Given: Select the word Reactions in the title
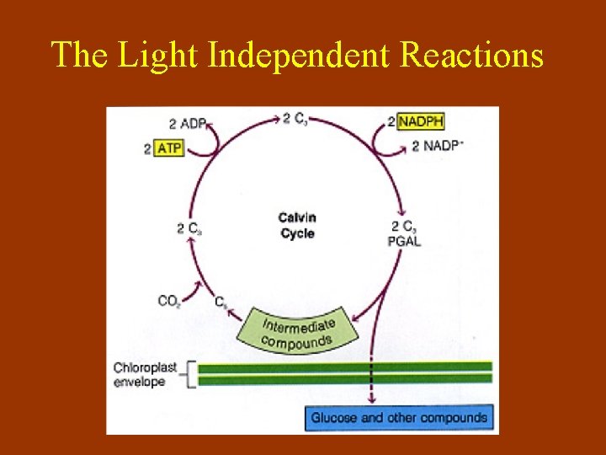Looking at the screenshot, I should point(471,56).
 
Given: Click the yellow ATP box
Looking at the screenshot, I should point(168,148).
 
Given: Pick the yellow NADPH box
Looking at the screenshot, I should point(420,121).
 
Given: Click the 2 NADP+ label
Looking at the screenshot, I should point(437,146).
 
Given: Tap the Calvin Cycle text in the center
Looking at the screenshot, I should point(297,225).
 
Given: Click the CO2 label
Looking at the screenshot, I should point(169,300).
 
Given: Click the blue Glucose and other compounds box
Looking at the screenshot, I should point(399,417).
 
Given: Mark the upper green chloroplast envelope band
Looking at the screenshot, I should point(345,367).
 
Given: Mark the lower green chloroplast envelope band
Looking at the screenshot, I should point(345,379).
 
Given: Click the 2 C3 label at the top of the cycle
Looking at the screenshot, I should point(295,119).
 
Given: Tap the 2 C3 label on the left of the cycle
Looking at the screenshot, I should point(189,227).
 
